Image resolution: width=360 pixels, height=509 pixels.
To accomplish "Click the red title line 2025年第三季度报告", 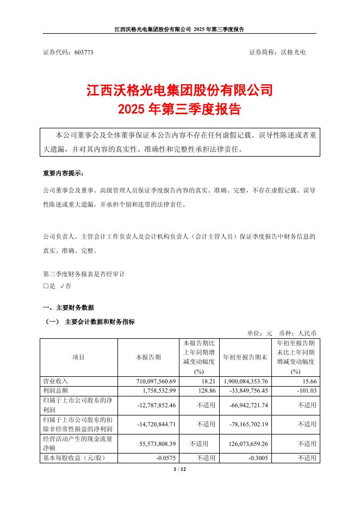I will click(179, 109).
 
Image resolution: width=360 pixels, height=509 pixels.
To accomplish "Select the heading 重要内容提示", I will click(63, 173).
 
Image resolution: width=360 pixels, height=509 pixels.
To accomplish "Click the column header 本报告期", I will click(148, 357).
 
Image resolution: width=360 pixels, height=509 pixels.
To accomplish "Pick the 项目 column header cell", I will click(78, 357).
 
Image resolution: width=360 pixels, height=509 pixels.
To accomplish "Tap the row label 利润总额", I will click(55, 390).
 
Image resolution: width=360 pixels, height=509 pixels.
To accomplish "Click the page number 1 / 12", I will click(179, 469).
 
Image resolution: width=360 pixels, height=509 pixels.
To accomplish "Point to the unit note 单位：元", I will click(260, 332).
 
